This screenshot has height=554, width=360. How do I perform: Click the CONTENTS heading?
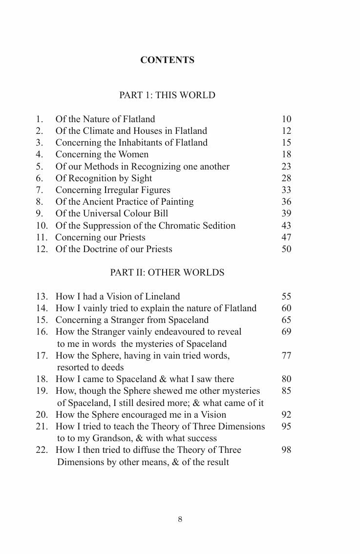(x=167, y=60)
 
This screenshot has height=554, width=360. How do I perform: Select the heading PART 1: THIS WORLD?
(x=167, y=95)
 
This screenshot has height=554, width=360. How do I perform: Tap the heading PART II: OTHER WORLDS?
(x=167, y=273)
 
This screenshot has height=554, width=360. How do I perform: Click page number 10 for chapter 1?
(x=286, y=119)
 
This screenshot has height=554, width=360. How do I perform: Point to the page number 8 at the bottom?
(x=180, y=520)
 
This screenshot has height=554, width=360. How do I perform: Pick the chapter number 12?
(x=42, y=249)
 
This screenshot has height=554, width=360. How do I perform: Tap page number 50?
(x=286, y=249)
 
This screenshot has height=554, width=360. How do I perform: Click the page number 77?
(x=286, y=356)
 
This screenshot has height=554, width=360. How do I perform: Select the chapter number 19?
(x=42, y=391)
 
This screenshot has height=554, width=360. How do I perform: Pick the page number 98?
(x=286, y=450)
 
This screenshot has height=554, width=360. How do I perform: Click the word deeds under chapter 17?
(x=111, y=367)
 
